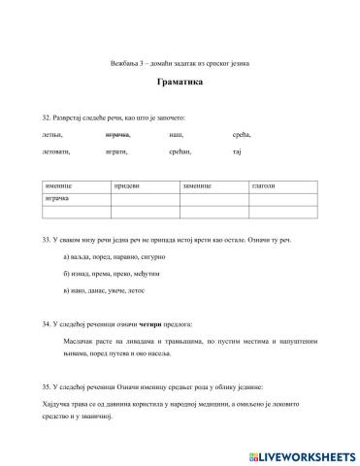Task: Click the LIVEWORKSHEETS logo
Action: click(295, 454)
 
